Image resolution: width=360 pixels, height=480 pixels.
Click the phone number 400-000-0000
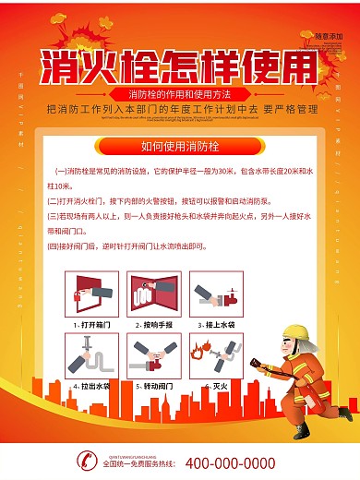tap(230, 463)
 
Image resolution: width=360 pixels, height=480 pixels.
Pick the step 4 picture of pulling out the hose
tap(90, 354)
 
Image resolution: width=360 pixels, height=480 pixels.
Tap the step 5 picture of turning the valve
tap(151, 354)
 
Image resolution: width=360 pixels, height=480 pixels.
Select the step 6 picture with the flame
tap(213, 354)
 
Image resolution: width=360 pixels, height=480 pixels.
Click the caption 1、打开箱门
tap(90, 326)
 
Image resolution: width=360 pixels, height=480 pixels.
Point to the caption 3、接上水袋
tap(213, 326)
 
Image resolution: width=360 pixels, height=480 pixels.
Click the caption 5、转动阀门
tap(151, 385)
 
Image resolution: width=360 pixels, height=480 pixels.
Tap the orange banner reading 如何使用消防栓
tap(179, 146)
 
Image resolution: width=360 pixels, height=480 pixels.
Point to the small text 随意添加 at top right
tap(327, 36)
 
